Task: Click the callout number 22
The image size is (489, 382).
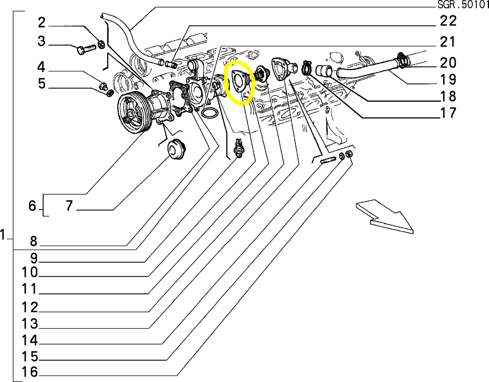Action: [x=448, y=21]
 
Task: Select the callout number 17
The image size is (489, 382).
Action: [x=448, y=113]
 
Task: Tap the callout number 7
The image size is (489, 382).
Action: [x=69, y=206]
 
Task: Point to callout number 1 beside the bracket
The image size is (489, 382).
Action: [x=3, y=234]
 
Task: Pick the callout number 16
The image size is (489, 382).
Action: [x=30, y=372]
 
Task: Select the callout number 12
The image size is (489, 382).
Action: [x=30, y=308]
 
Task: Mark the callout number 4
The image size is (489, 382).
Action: [x=41, y=67]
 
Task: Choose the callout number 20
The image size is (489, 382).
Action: [x=448, y=63]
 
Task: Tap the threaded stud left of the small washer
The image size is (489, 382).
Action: [x=328, y=160]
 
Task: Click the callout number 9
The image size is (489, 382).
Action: [x=34, y=258]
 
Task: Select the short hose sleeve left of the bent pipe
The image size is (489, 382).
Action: [x=323, y=71]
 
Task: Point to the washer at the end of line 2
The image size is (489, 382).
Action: [x=101, y=44]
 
